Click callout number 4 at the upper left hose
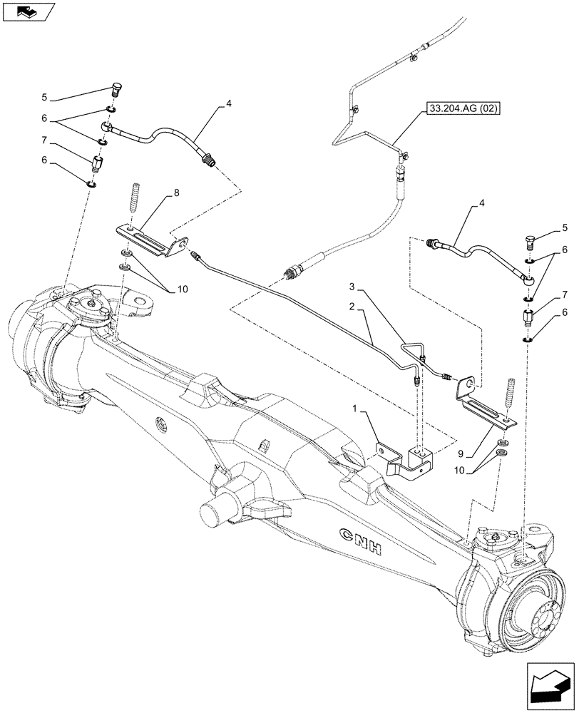pos(228,104)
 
